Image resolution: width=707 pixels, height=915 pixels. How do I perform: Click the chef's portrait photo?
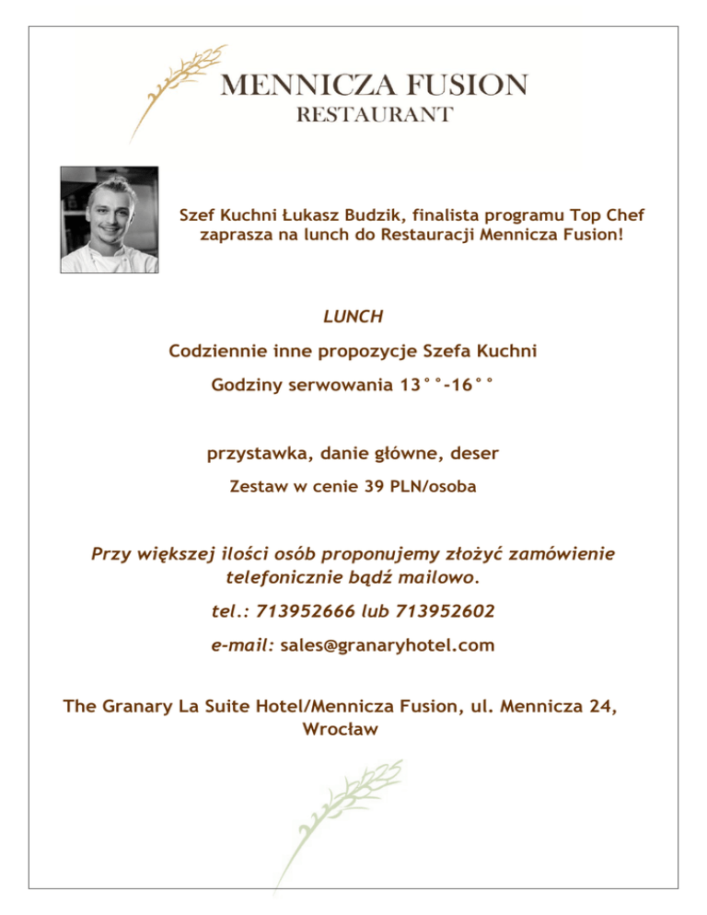(109, 219)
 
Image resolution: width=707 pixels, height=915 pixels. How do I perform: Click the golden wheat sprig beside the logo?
(178, 88)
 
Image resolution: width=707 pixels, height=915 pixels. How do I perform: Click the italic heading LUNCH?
(353, 317)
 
